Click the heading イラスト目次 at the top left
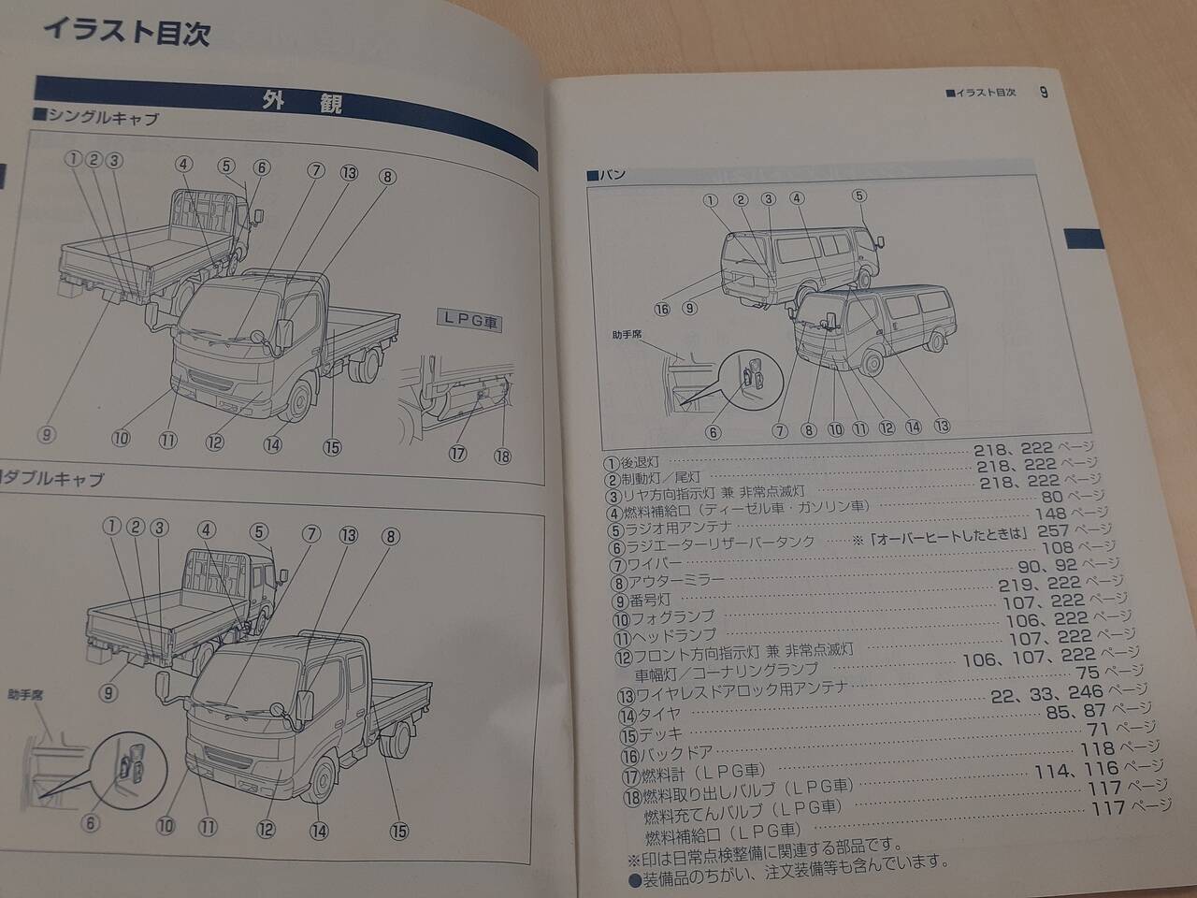coord(127,32)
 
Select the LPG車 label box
coord(469,320)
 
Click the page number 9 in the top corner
coord(1044,92)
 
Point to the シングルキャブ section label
coord(97,117)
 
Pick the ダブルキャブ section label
coord(51,479)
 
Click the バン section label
coord(606,176)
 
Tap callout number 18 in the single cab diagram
coord(502,456)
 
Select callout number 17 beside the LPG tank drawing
coord(457,453)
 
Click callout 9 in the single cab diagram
coord(47,435)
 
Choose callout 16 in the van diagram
coord(662,309)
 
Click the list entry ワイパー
coord(647,565)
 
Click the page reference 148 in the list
coord(1050,514)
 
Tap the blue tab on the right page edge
coord(1084,239)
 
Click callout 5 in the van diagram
coord(858,196)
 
